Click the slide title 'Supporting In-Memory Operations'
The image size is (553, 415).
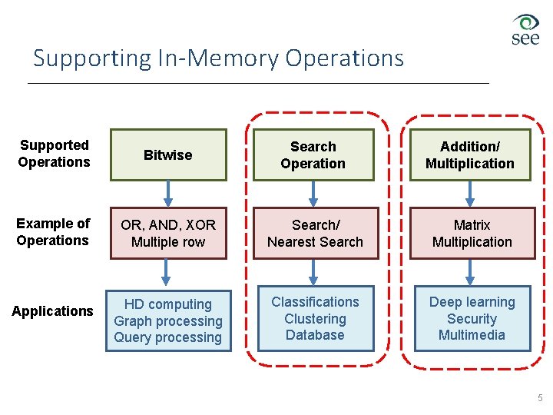pyautogui.click(x=218, y=58)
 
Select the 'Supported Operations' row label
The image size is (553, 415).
pyautogui.click(x=54, y=154)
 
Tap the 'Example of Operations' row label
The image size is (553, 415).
pyautogui.click(x=53, y=232)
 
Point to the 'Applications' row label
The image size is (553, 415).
pyautogui.click(x=52, y=311)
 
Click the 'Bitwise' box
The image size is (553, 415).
pyautogui.click(x=168, y=155)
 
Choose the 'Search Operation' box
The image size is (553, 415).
pyautogui.click(x=313, y=155)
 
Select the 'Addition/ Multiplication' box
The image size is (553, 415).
pyautogui.click(x=470, y=155)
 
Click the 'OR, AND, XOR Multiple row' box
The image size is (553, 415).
pyautogui.click(x=168, y=234)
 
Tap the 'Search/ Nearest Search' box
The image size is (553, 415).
pyautogui.click(x=314, y=234)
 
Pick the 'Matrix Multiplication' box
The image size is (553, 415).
pyautogui.click(x=472, y=234)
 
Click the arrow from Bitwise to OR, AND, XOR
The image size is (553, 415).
pyautogui.click(x=168, y=194)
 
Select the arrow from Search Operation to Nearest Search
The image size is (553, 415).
pyautogui.click(x=313, y=194)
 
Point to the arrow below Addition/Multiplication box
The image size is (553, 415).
pyautogui.click(x=470, y=194)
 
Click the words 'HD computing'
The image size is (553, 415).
pyautogui.click(x=168, y=304)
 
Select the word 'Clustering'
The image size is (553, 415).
pyautogui.click(x=315, y=319)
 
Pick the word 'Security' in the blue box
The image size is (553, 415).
pyautogui.click(x=472, y=319)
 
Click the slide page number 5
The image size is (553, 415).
pyautogui.click(x=540, y=398)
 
